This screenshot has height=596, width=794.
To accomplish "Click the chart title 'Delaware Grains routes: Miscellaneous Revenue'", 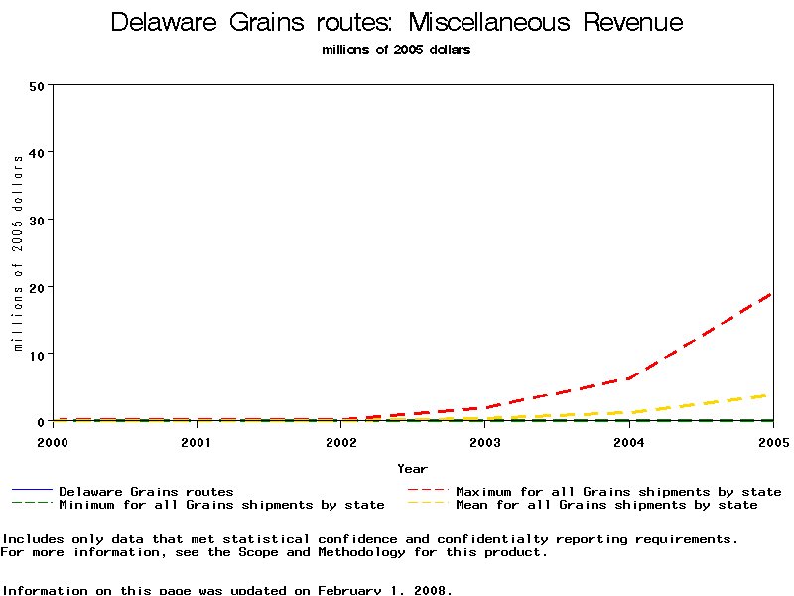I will (397, 23).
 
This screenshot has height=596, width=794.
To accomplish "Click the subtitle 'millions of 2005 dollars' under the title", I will (397, 50).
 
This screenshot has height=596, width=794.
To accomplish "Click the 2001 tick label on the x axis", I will (197, 441).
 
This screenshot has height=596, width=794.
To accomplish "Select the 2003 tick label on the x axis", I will (485, 441).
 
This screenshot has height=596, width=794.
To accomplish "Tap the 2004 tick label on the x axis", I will (629, 441).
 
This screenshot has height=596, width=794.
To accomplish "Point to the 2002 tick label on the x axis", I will (340, 441).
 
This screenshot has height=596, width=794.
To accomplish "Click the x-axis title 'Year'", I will (413, 469).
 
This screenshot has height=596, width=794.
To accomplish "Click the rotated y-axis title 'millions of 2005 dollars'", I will (18, 253).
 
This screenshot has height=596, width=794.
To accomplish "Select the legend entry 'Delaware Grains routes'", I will (146, 491).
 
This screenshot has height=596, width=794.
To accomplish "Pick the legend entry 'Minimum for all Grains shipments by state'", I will (221, 505).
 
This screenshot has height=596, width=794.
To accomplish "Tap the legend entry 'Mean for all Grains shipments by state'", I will (606, 505).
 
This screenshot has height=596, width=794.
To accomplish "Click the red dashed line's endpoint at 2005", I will (772, 294).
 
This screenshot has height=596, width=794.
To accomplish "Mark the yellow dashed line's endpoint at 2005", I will (772, 394).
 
